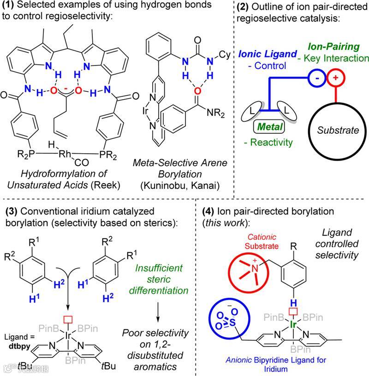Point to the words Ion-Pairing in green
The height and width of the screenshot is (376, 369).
point(333,47)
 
